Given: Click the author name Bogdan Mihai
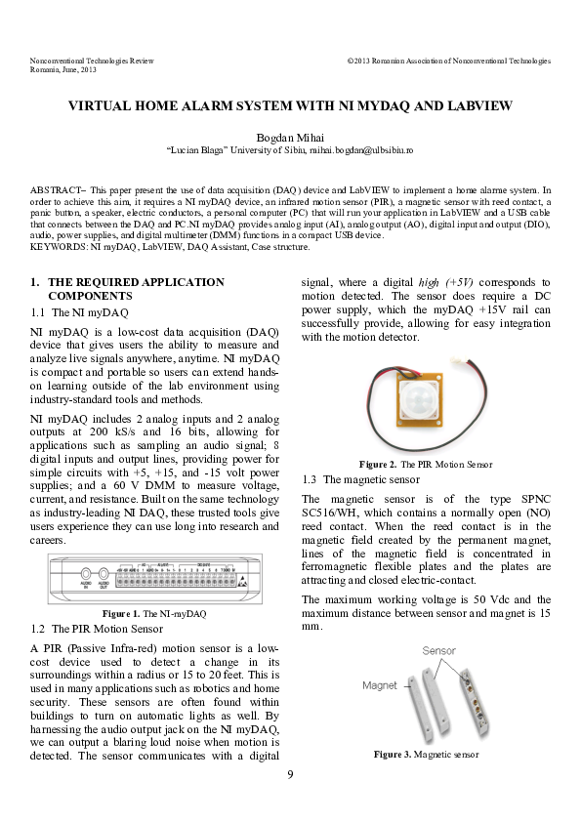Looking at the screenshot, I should click(290, 137).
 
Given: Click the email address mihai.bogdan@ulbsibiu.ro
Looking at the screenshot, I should click(362, 151).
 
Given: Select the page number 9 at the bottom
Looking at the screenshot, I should click(290, 775).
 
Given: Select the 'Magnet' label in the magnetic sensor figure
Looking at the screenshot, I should click(379, 685).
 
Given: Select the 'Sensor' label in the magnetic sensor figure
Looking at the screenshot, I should click(438, 650).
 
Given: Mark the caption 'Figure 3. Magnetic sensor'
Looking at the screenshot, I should click(426, 755).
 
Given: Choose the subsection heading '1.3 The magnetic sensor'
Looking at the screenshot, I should click(361, 479).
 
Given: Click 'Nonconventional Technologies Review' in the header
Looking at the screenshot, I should click(92, 61).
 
